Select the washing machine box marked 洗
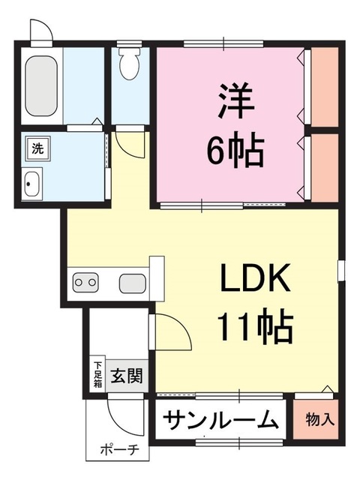click(37, 148)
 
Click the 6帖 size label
click(234, 153)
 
